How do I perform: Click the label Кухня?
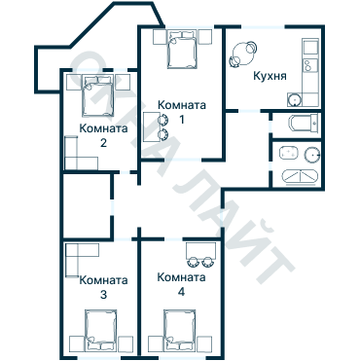click(269, 75)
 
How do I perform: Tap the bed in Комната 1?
click(180, 50)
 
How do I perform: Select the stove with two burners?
click(309, 67)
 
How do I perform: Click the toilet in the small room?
click(303, 123)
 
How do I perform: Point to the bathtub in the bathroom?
click(299, 176)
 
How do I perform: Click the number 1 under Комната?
click(181, 121)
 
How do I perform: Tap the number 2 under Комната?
click(102, 143)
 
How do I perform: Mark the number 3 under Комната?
click(102, 294)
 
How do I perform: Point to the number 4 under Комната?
click(181, 291)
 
